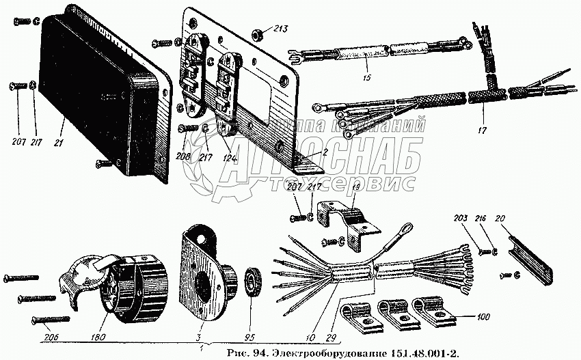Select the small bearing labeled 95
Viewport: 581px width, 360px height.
[256, 281]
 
